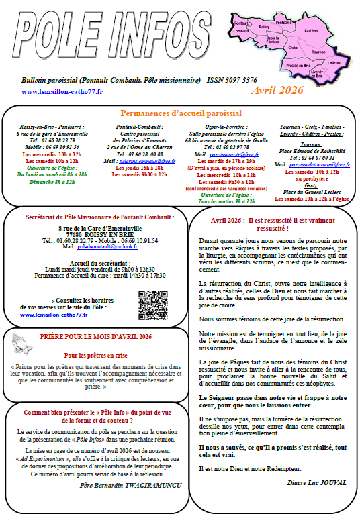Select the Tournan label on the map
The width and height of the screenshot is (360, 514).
[319, 50]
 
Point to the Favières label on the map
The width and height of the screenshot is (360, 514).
[311, 30]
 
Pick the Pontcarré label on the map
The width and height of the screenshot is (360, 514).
[283, 22]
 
